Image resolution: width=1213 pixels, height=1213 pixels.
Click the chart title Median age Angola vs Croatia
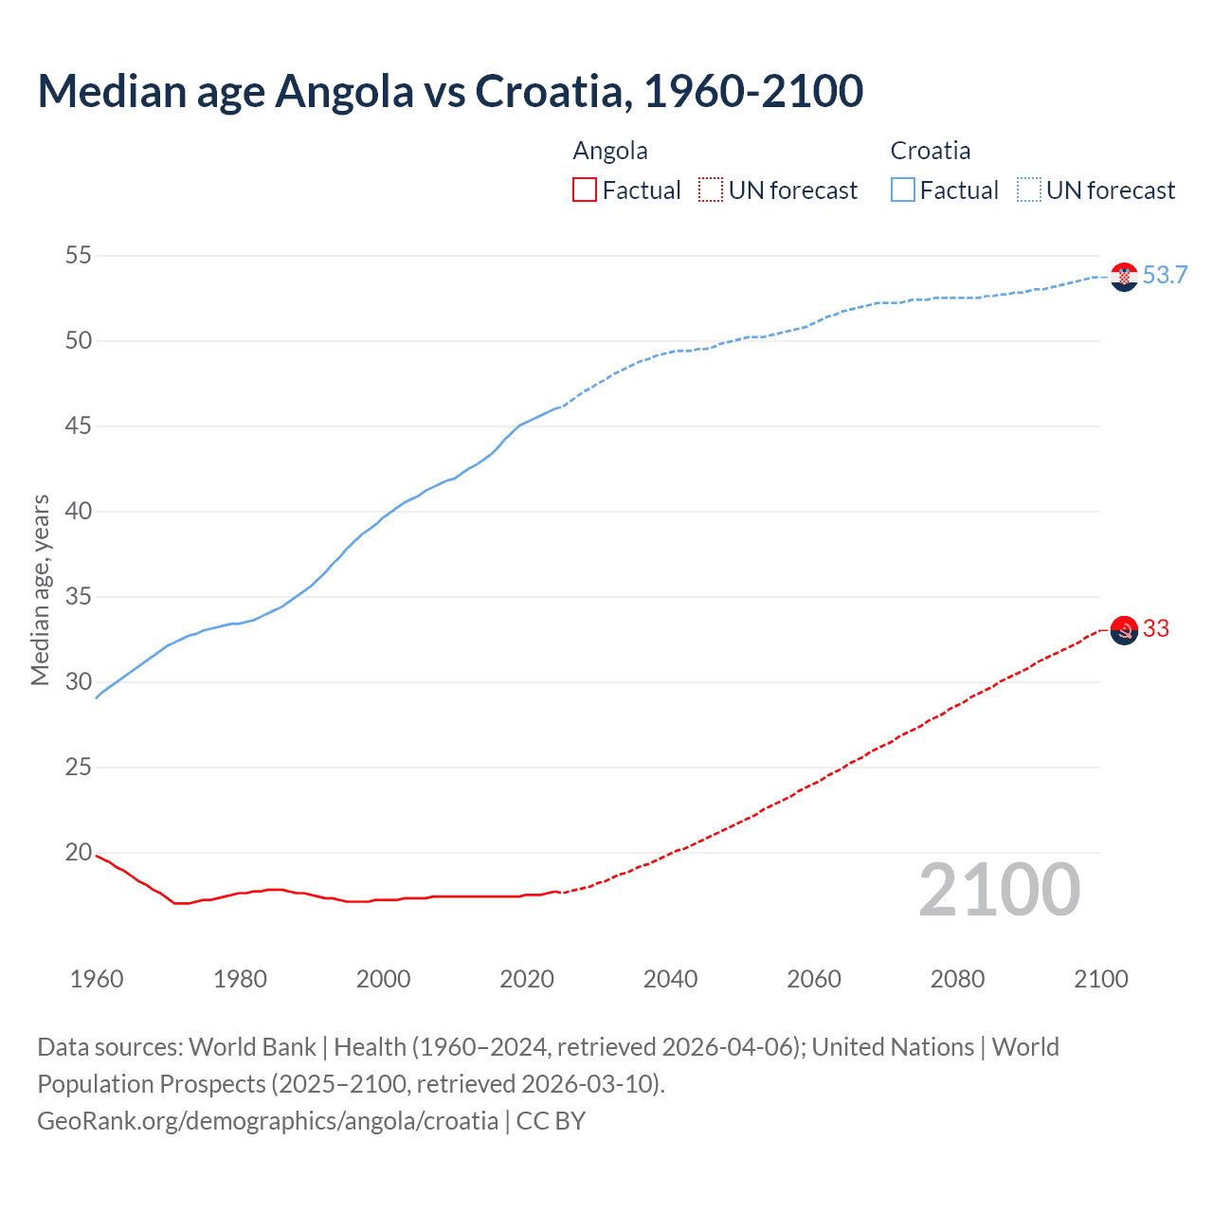450,92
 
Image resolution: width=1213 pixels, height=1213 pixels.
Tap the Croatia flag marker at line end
1124,277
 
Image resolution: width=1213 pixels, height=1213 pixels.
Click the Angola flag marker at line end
1124,630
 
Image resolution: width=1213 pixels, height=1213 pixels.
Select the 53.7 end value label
1165,276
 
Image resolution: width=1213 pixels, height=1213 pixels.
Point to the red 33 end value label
1156,629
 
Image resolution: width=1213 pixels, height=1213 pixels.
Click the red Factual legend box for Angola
585,190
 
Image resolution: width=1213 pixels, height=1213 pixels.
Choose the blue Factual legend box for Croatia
902,190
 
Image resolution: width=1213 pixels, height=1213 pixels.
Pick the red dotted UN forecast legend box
711,190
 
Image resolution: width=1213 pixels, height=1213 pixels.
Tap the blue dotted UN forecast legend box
1028,190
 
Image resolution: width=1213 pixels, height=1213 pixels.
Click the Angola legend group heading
610,151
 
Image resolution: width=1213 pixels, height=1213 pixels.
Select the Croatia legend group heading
930,151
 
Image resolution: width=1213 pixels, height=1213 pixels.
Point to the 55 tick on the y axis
79,255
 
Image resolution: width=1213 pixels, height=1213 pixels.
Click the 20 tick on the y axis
79,852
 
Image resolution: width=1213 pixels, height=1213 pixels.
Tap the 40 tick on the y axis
79,511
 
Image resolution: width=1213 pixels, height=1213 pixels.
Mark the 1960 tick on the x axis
97,979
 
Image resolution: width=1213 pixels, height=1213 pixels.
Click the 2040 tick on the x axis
670,979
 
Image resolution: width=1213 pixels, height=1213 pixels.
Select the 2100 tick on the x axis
1100,979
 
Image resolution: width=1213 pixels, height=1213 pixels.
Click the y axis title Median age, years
41,589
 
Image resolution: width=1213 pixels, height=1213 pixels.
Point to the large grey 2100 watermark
999,889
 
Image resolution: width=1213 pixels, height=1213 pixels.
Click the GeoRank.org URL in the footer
267,1121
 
